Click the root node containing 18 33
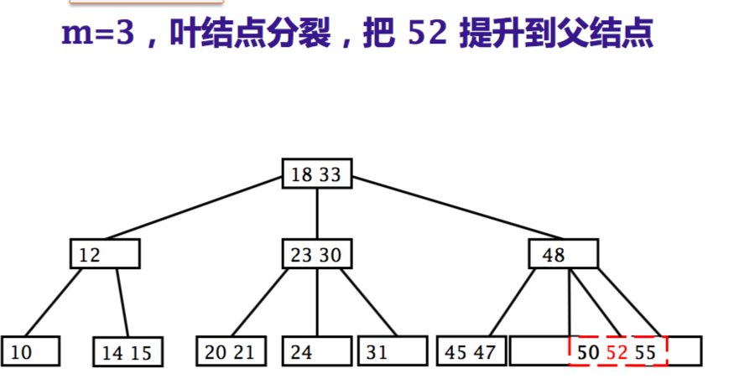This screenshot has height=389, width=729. (316, 174)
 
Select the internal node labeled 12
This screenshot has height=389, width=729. (105, 254)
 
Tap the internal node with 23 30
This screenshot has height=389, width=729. (316, 254)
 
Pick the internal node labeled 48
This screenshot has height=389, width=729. (563, 254)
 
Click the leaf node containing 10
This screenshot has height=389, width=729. (30, 352)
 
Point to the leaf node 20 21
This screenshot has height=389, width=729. (230, 352)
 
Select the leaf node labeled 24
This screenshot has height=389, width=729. (315, 352)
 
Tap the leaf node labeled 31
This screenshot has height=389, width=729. (392, 352)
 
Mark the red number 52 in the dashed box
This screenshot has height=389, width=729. (617, 352)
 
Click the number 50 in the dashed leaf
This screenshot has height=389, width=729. (588, 352)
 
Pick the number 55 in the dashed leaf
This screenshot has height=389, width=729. (645, 352)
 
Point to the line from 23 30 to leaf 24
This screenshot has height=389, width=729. (316, 302)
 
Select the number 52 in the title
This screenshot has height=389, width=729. (427, 34)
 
